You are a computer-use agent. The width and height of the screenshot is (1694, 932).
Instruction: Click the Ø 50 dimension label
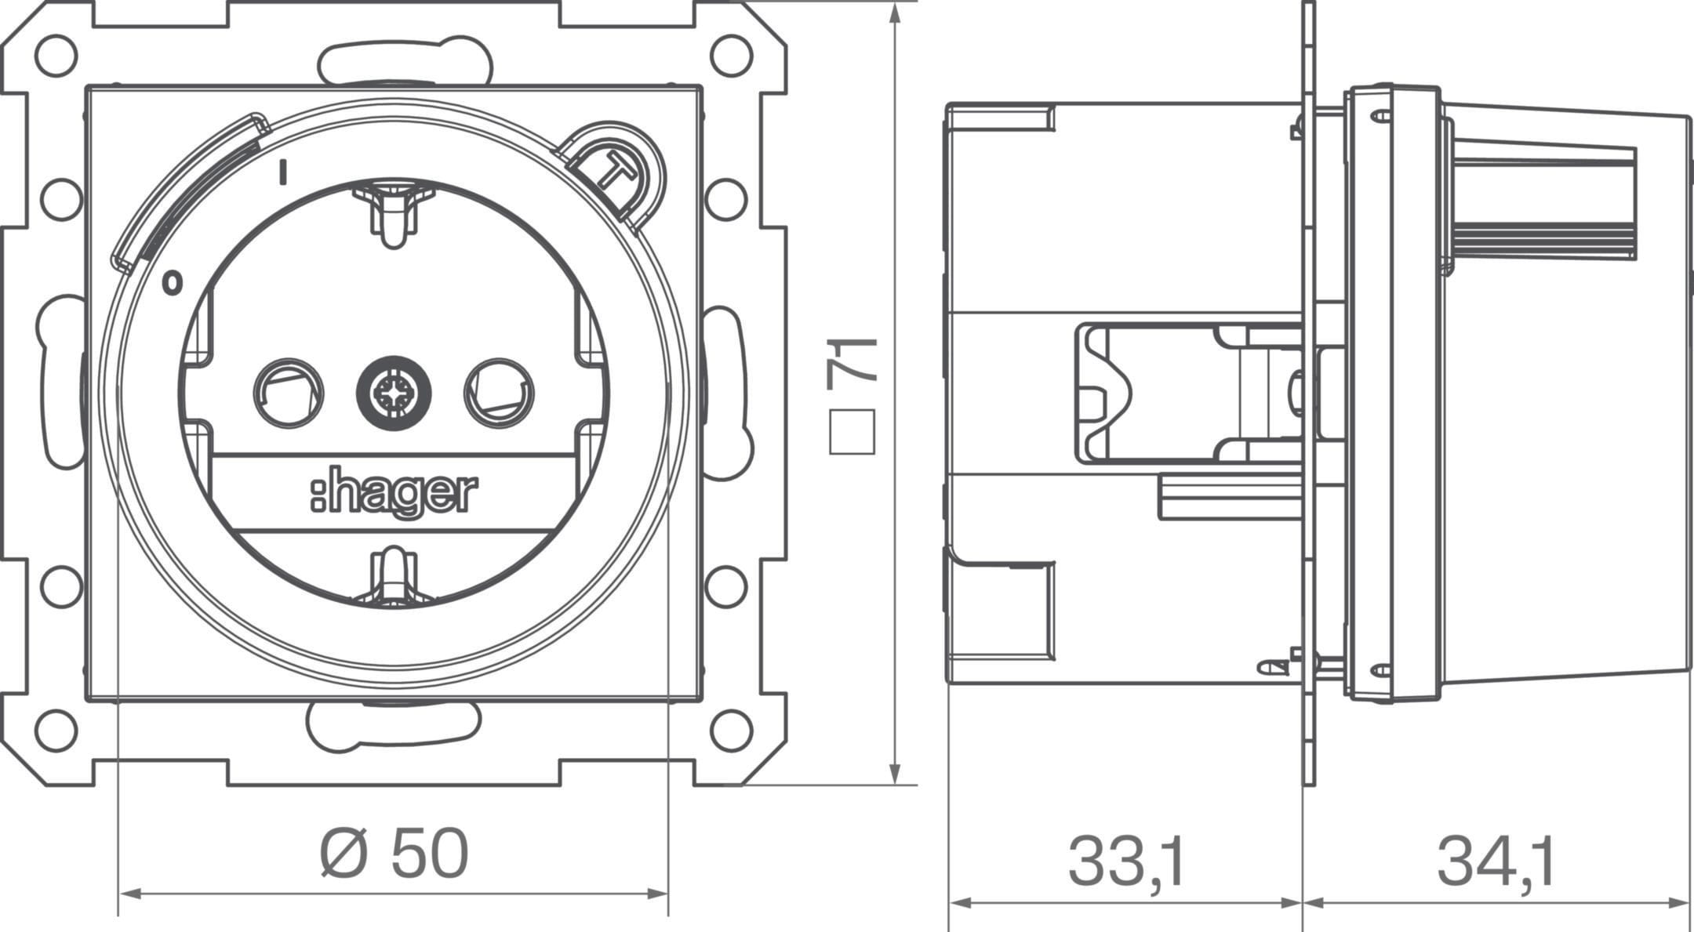[x=394, y=854]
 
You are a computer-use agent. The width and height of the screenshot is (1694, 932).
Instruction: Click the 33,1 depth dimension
[x=1126, y=861]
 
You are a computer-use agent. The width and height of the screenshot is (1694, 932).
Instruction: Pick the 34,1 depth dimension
[x=1496, y=861]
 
